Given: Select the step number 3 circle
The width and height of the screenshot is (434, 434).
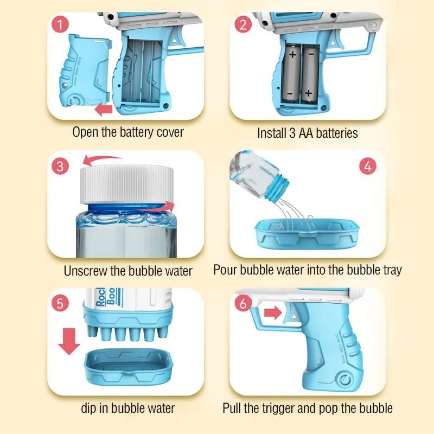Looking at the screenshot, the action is click(x=60, y=166).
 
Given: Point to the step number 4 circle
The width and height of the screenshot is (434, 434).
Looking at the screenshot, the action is click(x=368, y=167).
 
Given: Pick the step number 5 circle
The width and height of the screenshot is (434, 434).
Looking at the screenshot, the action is click(x=60, y=303).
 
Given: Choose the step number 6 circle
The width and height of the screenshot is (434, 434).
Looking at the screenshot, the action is click(x=243, y=303).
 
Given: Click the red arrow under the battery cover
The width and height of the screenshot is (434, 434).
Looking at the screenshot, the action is click(x=104, y=110).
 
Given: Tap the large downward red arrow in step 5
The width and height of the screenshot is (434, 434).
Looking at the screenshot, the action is click(x=69, y=342).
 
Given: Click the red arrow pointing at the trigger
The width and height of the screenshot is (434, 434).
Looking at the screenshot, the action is click(x=273, y=313).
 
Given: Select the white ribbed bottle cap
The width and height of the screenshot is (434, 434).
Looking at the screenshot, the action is click(x=127, y=184).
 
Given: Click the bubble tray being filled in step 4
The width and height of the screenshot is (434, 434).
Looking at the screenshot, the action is click(x=307, y=233).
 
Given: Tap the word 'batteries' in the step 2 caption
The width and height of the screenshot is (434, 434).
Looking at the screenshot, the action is click(x=336, y=133).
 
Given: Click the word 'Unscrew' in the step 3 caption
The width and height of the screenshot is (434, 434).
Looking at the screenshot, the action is click(x=86, y=271).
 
